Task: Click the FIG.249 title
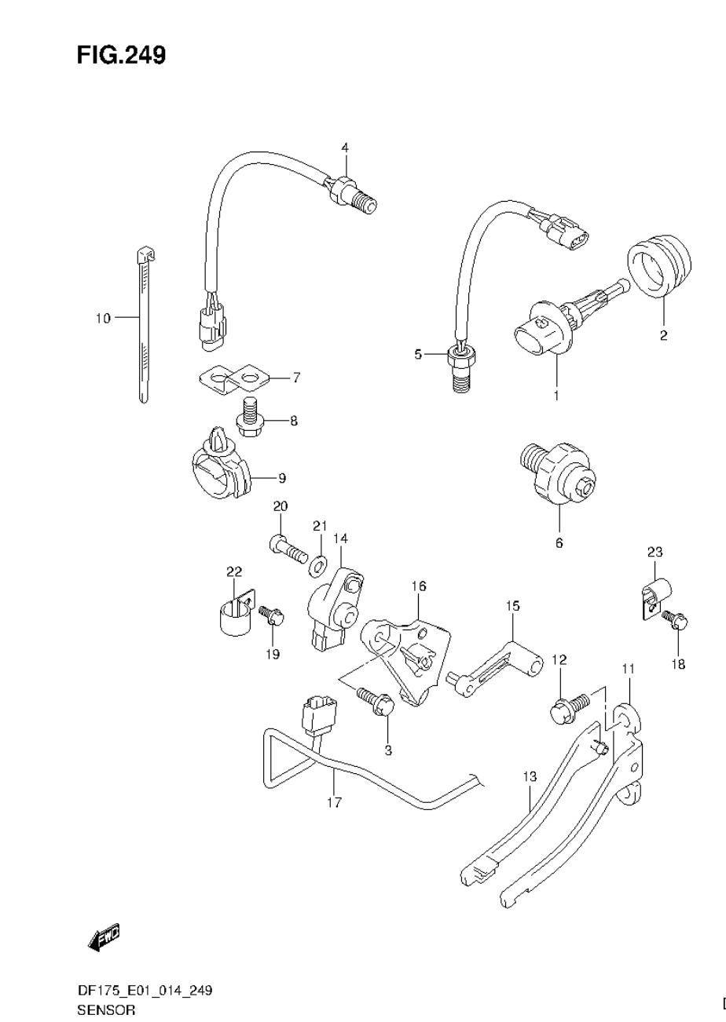pyautogui.click(x=121, y=55)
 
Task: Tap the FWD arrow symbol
pyautogui.click(x=104, y=936)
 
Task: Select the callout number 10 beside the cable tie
pyautogui.click(x=103, y=318)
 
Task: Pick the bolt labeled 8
pyautogui.click(x=249, y=418)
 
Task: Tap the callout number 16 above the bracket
pyautogui.click(x=418, y=586)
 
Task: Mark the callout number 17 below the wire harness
pyautogui.click(x=334, y=801)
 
